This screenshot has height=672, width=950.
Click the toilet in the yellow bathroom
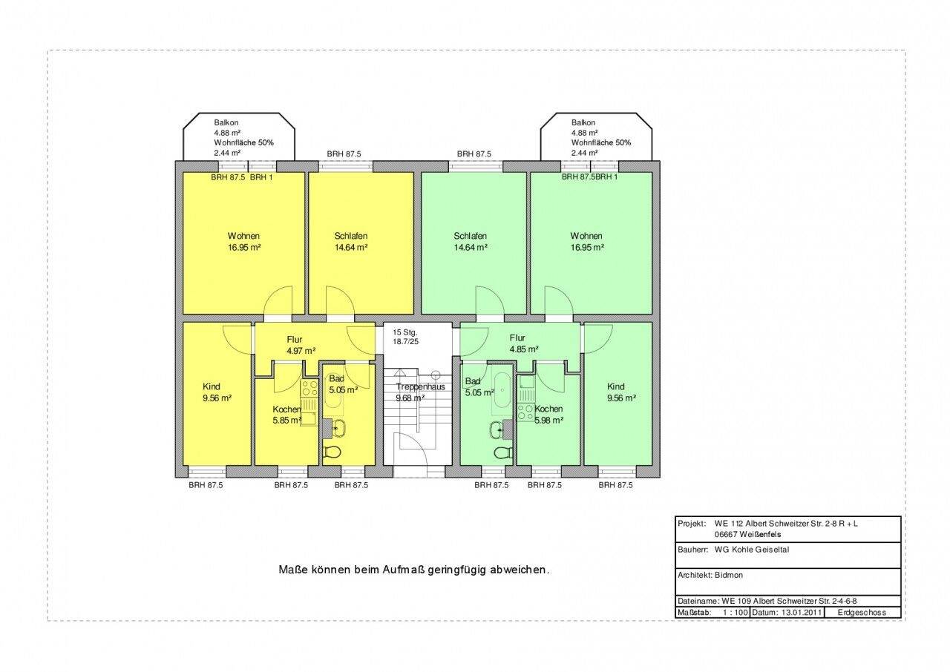(332, 452)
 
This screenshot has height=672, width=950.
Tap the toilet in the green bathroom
(502, 452)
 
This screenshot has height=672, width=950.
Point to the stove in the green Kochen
(526, 412)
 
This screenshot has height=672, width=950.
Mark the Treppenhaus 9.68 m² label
(420, 392)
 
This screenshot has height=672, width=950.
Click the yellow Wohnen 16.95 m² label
(244, 242)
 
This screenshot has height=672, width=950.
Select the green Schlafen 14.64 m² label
(471, 242)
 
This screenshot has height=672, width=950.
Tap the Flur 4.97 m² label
(301, 345)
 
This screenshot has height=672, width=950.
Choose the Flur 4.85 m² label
(524, 343)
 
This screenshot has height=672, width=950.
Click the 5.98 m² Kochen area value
(548, 421)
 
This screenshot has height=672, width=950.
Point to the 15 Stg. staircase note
(405, 332)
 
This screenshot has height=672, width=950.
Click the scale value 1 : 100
(735, 612)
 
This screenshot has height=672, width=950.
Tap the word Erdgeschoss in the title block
(862, 612)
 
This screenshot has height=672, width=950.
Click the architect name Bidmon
(729, 575)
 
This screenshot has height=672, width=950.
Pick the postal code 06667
(726, 534)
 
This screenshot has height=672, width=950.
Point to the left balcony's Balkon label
(226, 122)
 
